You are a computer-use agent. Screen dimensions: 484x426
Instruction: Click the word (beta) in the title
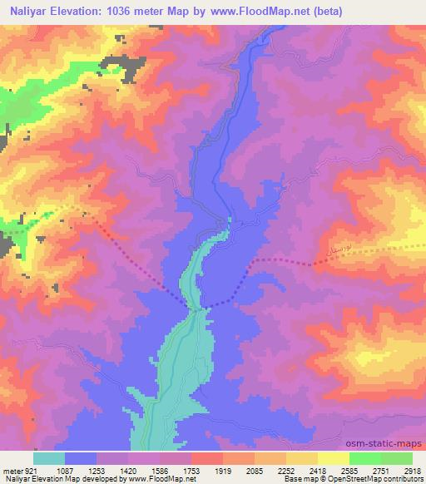tap(328, 11)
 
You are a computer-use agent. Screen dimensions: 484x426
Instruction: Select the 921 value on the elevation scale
tap(28, 470)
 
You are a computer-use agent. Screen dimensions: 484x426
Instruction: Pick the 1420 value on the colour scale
tap(128, 470)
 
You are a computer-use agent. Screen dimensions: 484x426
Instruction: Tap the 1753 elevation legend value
tap(191, 470)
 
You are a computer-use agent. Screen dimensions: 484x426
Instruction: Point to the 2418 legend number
tap(318, 470)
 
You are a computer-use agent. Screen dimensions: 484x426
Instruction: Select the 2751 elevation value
tap(381, 470)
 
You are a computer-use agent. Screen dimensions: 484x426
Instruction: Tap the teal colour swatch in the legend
tap(48, 458)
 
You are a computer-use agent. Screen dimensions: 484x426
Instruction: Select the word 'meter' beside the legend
tap(11, 470)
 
